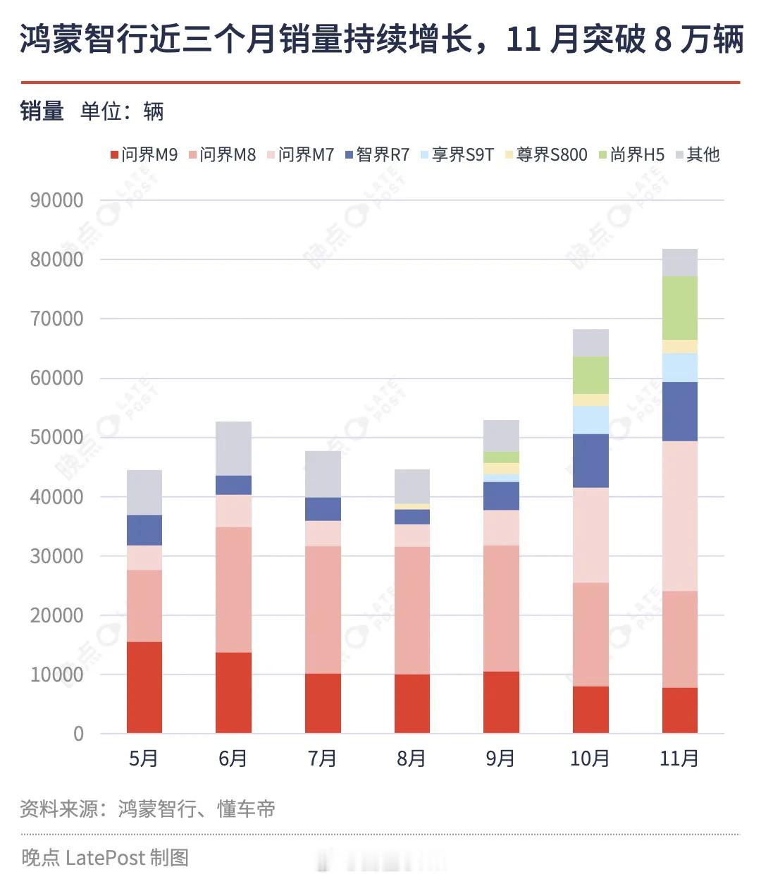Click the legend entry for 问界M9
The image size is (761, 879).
(x=144, y=154)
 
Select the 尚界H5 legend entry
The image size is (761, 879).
(x=631, y=154)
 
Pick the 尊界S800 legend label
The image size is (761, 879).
(x=546, y=154)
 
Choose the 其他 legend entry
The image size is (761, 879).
(x=698, y=154)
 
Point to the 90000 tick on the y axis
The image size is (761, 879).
(x=56, y=200)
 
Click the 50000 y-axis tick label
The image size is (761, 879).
(x=56, y=437)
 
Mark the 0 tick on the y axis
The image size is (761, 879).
(x=78, y=734)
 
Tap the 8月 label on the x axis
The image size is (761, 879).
(x=412, y=758)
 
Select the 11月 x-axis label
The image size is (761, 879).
(x=679, y=758)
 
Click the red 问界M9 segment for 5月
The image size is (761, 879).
(x=144, y=687)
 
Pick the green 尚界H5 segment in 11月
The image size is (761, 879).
(x=680, y=308)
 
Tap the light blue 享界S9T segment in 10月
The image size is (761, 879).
(x=590, y=420)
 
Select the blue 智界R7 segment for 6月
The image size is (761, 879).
(x=233, y=485)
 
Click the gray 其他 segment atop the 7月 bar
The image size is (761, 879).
(x=323, y=474)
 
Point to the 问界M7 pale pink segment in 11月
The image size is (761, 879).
(x=680, y=516)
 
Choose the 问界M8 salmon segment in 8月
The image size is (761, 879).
(x=412, y=610)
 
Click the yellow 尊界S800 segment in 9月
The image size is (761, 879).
(x=501, y=469)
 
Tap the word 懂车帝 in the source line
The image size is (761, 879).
(x=246, y=809)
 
